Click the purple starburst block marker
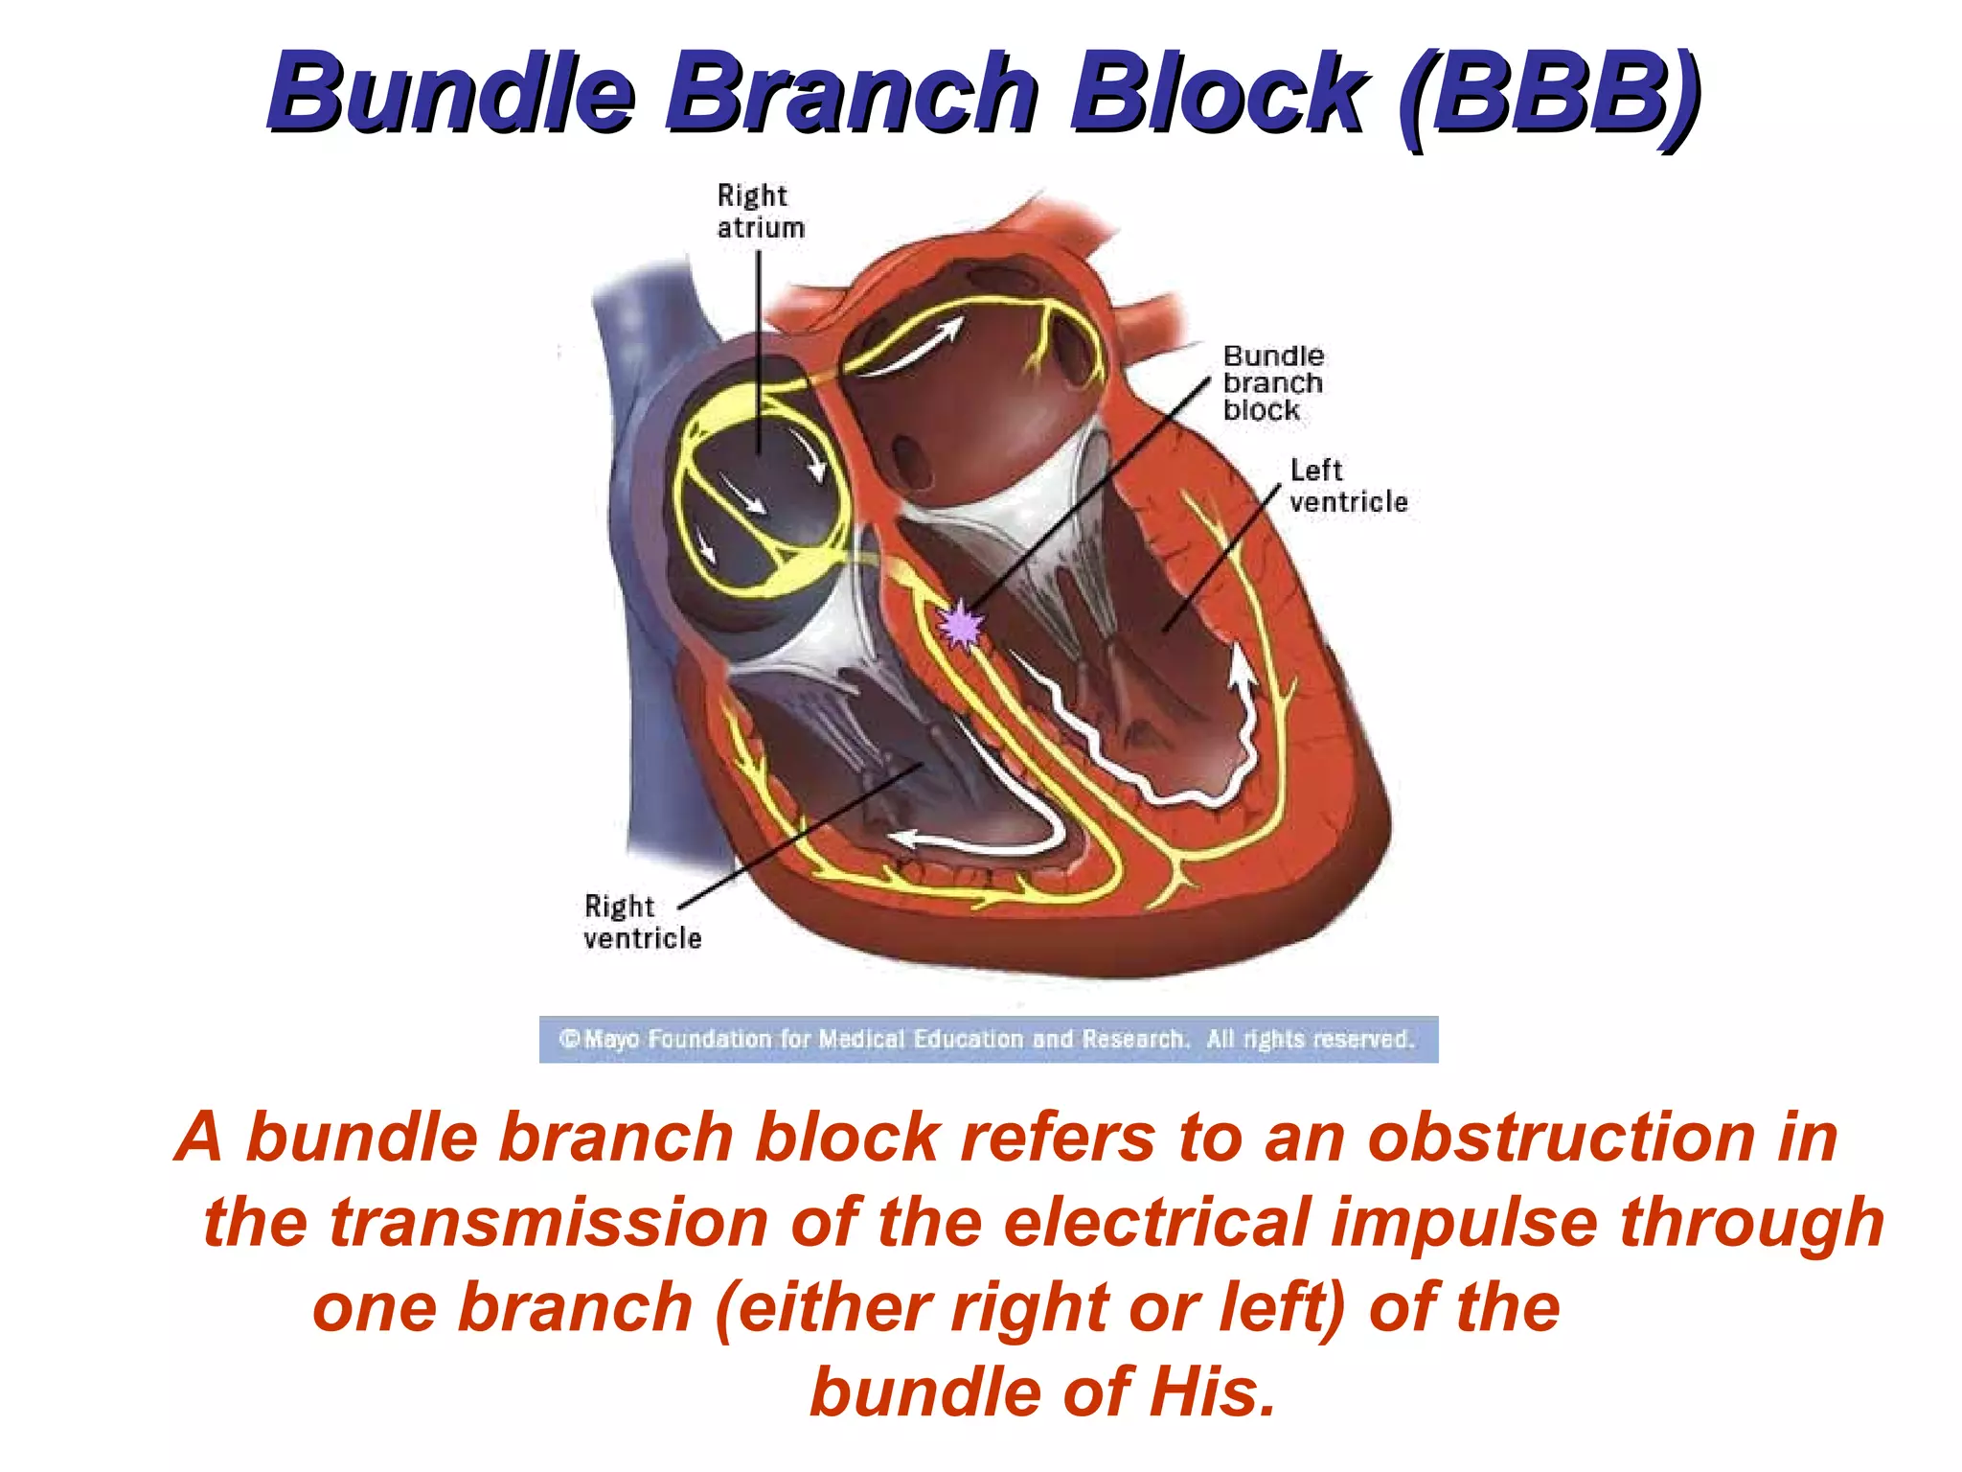pyautogui.click(x=960, y=626)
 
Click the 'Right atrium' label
pyautogui.click(x=761, y=212)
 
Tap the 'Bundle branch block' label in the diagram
pyautogui.click(x=1273, y=383)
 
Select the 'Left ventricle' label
pyautogui.click(x=1348, y=486)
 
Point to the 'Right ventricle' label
pyautogui.click(x=642, y=921)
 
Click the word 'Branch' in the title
pyautogui.click(x=853, y=93)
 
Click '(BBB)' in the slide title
pyautogui.click(x=1549, y=95)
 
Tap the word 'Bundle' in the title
pyautogui.click(x=451, y=93)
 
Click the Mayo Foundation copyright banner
pyautogui.click(x=988, y=1039)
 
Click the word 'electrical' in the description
pyautogui.click(x=1156, y=1223)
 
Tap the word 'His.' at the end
pyautogui.click(x=1214, y=1392)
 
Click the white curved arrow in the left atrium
pyautogui.click(x=915, y=350)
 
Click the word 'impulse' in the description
pyautogui.click(x=1465, y=1223)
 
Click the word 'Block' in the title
pyautogui.click(x=1218, y=93)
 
